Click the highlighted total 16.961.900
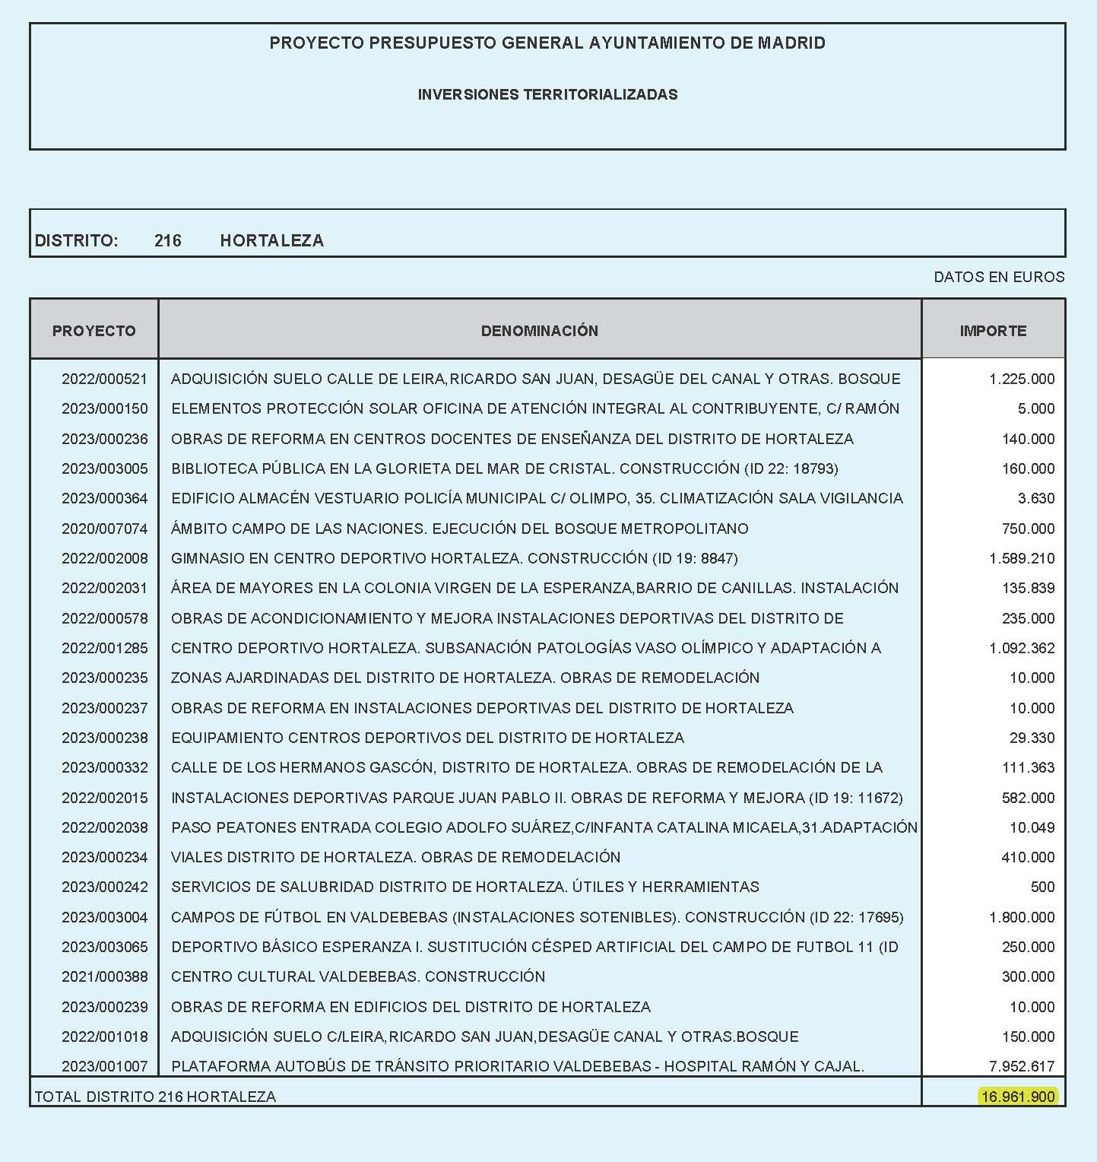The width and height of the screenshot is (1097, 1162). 1017,1096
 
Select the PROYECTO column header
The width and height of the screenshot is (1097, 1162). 94,331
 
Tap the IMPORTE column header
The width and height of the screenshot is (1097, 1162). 993,331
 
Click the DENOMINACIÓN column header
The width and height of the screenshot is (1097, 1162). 539,331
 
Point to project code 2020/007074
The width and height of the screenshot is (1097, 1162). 104,529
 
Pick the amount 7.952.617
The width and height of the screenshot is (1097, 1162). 1022,1066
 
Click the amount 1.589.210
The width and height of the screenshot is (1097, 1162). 1022,558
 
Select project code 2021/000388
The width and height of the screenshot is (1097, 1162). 104,976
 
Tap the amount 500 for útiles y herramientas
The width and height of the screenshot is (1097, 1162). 1042,887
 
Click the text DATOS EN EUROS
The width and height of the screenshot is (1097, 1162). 999,277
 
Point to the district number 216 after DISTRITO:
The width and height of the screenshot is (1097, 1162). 167,241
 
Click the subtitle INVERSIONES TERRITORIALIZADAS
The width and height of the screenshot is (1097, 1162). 547,95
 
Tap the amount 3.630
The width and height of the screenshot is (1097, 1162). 1036,498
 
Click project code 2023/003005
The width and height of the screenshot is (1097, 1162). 104,468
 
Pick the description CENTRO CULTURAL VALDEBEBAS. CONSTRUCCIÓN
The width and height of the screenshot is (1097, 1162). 358,976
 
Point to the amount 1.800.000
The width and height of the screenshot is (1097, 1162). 1022,917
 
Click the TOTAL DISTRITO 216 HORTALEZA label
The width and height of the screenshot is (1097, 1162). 155,1097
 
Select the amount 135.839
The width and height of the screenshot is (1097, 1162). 1028,588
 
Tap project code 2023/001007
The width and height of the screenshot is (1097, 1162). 104,1066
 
